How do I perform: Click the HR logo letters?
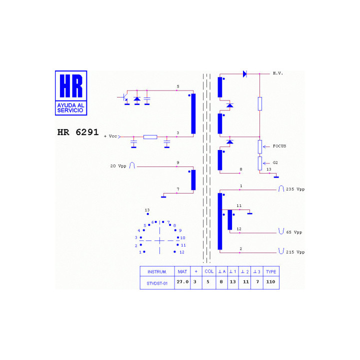click(x=71, y=86)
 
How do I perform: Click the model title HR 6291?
click(x=78, y=132)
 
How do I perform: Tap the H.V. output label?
click(x=278, y=73)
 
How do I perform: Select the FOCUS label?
click(x=279, y=146)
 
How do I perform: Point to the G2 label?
click(x=275, y=162)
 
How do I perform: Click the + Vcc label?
click(x=110, y=136)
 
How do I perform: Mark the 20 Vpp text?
click(x=118, y=166)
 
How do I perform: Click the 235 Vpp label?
click(x=295, y=189)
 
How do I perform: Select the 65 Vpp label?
click(x=294, y=232)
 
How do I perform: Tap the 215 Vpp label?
click(x=295, y=252)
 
